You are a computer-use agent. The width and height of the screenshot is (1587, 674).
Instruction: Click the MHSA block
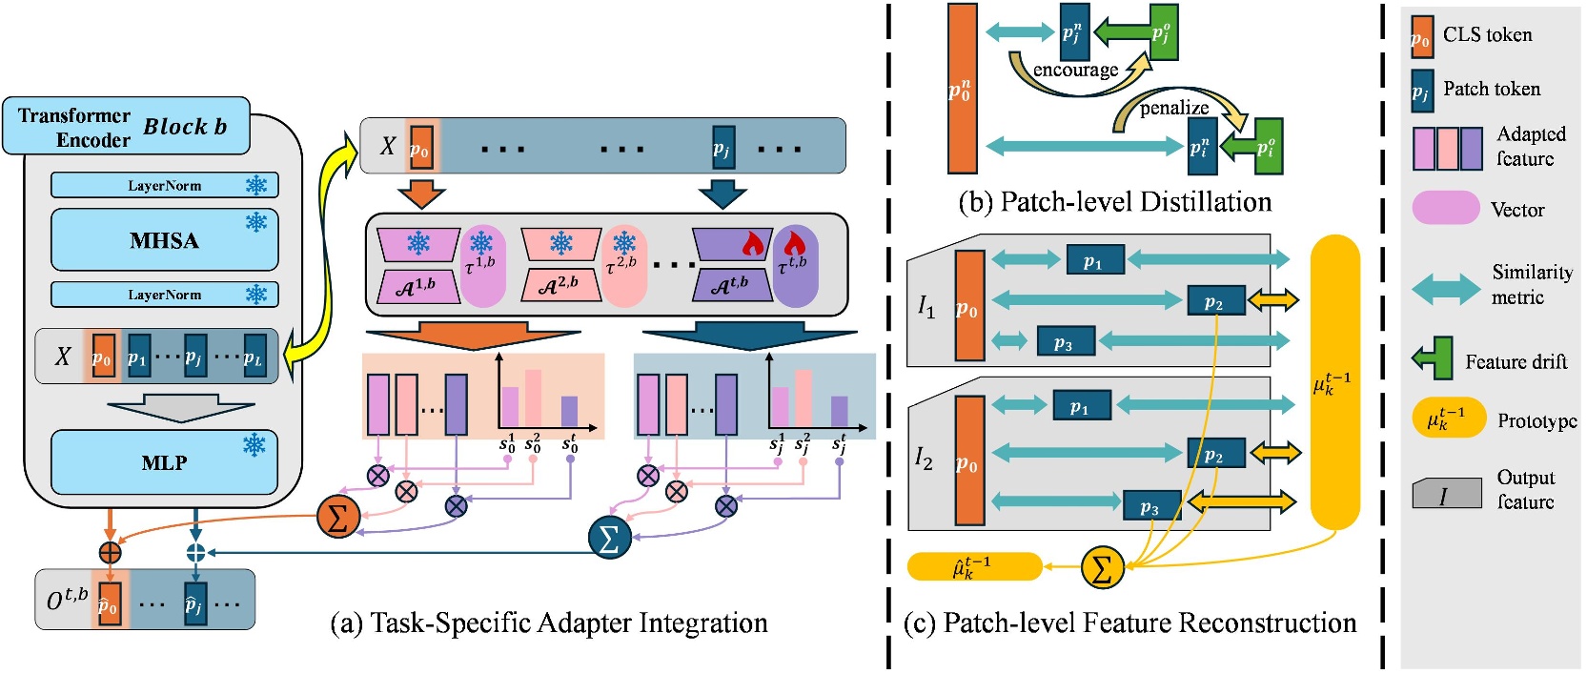point(164,240)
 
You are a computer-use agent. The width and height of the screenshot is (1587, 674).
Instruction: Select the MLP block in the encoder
point(164,462)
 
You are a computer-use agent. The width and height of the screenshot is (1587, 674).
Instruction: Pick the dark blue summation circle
point(610,538)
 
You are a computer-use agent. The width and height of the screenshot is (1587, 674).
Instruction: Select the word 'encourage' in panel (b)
point(1075,70)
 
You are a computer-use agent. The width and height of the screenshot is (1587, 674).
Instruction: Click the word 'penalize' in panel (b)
point(1173,108)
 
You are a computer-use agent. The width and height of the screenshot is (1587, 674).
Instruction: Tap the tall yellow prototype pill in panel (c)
point(1334,381)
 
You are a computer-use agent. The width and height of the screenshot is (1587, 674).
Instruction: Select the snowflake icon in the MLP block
point(254,445)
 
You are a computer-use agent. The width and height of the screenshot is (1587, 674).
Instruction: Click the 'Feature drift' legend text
point(1516,362)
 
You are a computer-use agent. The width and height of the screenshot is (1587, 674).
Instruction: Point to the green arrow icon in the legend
point(1433,358)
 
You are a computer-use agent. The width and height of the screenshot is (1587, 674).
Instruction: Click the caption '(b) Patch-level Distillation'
point(1114,202)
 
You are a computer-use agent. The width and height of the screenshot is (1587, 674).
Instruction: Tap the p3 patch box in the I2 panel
point(1151,507)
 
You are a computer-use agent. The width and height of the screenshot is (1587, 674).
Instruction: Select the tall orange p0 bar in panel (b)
point(962,89)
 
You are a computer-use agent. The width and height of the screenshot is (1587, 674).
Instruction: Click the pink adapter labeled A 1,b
point(417,285)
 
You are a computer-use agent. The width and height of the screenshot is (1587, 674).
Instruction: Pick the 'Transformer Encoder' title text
point(74,127)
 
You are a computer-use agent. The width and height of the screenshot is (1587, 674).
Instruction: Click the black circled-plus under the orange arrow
point(110,552)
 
